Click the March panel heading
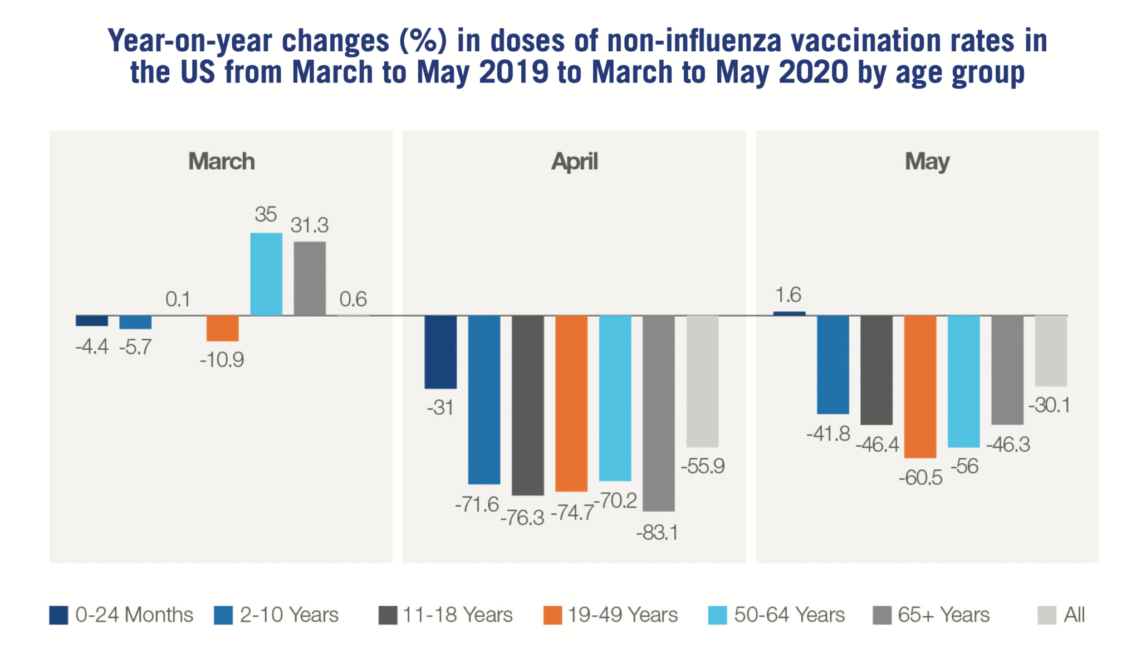pyautogui.click(x=221, y=161)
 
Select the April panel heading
pyautogui.click(x=574, y=161)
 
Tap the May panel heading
pyautogui.click(x=927, y=161)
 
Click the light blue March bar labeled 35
pyautogui.click(x=266, y=274)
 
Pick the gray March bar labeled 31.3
pyautogui.click(x=310, y=278)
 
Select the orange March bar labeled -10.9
pyautogui.click(x=223, y=328)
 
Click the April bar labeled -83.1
pyautogui.click(x=658, y=413)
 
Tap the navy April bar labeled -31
pyautogui.click(x=440, y=351)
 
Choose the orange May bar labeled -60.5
pyautogui.click(x=920, y=386)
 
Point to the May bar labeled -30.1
pyautogui.click(x=1051, y=351)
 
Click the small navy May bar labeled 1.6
pyautogui.click(x=789, y=313)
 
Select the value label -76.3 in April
pyautogui.click(x=522, y=518)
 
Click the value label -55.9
pyautogui.click(x=702, y=466)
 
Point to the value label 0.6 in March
pyautogui.click(x=353, y=300)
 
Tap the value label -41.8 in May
pyautogui.click(x=828, y=433)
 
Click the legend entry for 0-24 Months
pyautogui.click(x=121, y=615)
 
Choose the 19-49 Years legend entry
pyautogui.click(x=611, y=615)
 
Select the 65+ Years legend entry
pyautogui.click(x=932, y=615)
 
